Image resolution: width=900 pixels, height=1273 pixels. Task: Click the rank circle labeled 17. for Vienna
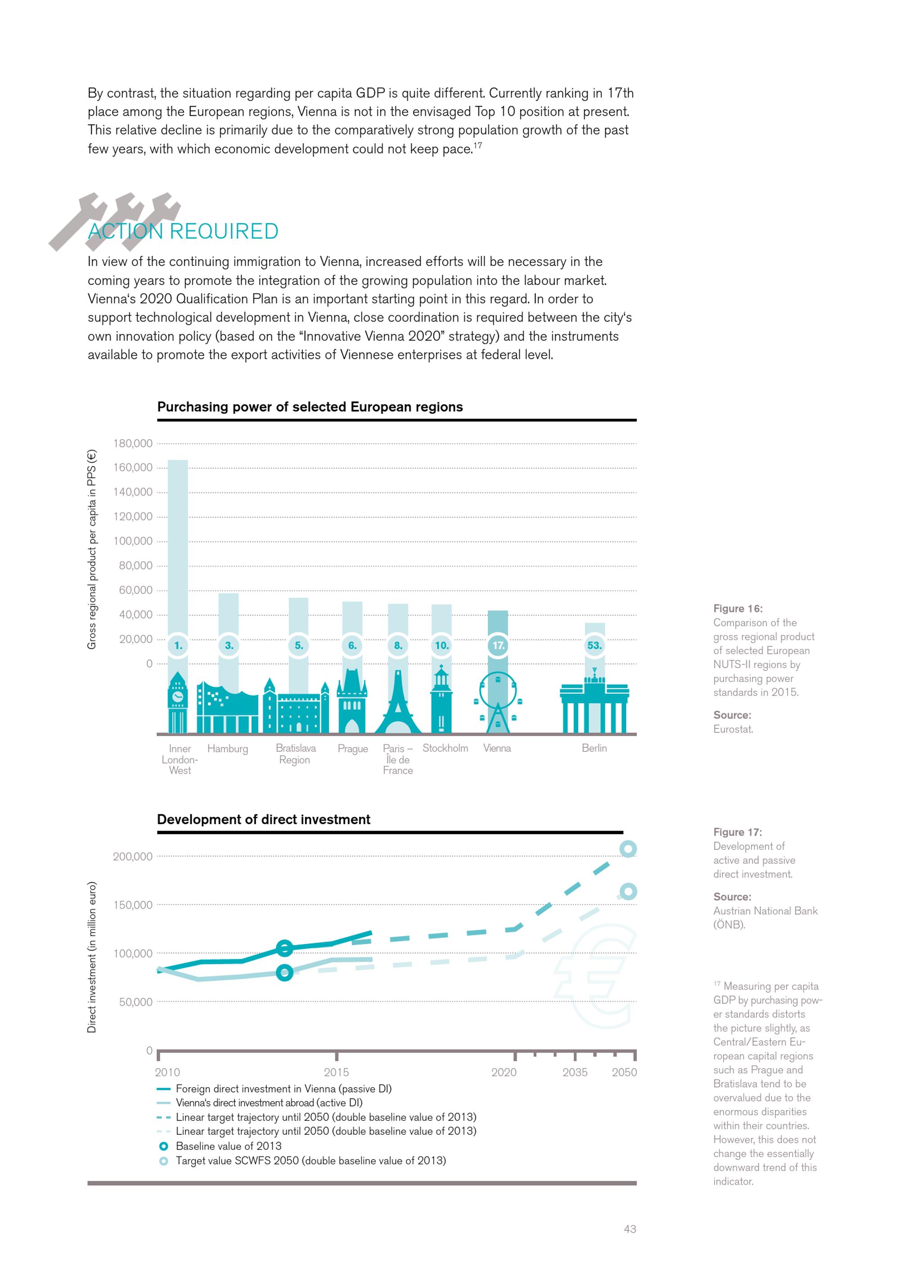(x=498, y=646)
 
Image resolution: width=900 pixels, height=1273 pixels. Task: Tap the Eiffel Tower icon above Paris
(x=397, y=704)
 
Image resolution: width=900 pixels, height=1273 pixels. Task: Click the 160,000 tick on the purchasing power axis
(x=133, y=467)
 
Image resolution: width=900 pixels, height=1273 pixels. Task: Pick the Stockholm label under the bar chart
(x=445, y=748)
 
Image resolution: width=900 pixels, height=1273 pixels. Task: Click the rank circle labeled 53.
(x=594, y=646)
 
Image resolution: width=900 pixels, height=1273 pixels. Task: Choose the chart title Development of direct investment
(x=263, y=819)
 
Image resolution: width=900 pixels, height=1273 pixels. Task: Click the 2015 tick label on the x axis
(x=337, y=1072)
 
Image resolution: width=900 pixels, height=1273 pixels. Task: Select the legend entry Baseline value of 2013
(x=228, y=1146)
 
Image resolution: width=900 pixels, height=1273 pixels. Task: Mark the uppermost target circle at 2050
(x=628, y=849)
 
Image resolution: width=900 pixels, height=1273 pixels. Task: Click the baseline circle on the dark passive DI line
(x=284, y=948)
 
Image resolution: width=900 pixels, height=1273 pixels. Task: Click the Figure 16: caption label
(x=738, y=608)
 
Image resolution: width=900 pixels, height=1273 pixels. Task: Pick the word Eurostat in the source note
(x=733, y=729)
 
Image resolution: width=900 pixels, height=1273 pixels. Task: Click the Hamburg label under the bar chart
(x=227, y=749)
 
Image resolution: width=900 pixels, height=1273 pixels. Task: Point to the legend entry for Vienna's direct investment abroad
(x=269, y=1103)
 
